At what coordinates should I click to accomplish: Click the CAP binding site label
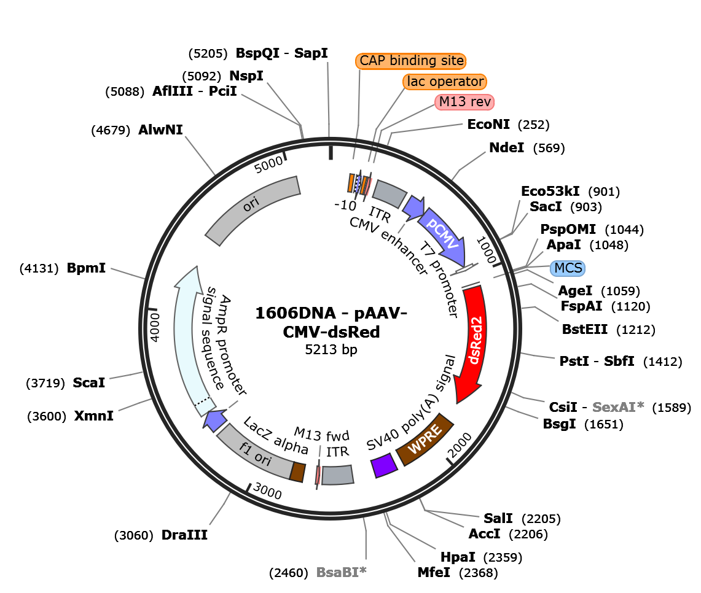(410, 61)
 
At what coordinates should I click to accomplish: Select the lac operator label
(445, 82)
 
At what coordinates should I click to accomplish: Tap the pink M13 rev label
(464, 102)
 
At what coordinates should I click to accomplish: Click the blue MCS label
(567, 268)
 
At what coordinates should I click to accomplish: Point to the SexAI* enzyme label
(618, 407)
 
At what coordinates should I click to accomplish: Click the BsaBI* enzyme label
(341, 572)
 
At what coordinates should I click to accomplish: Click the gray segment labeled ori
(252, 209)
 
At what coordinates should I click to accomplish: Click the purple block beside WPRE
(384, 466)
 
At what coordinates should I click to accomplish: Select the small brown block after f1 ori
(298, 472)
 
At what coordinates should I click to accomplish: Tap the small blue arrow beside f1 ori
(214, 421)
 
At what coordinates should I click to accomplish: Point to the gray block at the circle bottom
(338, 475)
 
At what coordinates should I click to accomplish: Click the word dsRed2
(474, 341)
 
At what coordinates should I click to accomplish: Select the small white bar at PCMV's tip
(465, 269)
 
